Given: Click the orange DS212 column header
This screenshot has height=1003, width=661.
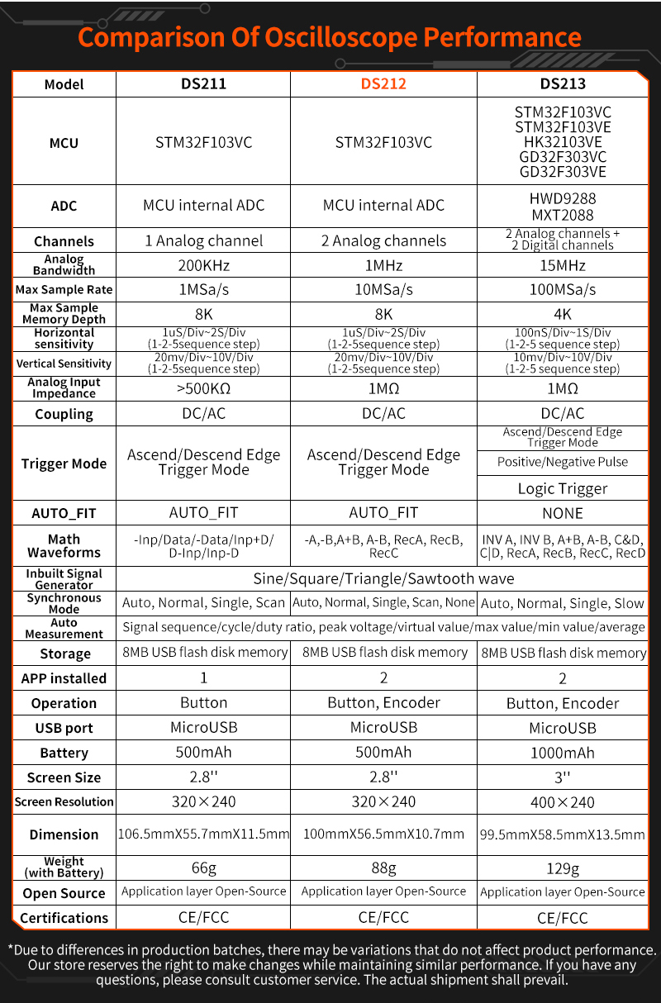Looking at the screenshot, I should pyautogui.click(x=383, y=83).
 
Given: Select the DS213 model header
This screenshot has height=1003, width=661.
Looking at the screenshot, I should pyautogui.click(x=563, y=83).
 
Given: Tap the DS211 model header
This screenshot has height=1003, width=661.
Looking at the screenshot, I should pyautogui.click(x=203, y=83).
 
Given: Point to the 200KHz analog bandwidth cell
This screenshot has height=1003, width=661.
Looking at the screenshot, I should pyautogui.click(x=203, y=265).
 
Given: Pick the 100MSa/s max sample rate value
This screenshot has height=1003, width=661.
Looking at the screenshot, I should pyautogui.click(x=563, y=290).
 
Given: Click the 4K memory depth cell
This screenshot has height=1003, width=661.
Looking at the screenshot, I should pyautogui.click(x=563, y=314).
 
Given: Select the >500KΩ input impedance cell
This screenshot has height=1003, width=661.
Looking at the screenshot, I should pyautogui.click(x=203, y=388).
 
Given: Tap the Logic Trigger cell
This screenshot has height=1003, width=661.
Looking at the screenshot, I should pyautogui.click(x=563, y=488).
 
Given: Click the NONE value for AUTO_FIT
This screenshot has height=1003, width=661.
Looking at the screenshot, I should pyautogui.click(x=563, y=513).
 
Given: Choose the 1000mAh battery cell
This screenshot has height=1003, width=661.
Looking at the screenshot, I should pyautogui.click(x=563, y=753).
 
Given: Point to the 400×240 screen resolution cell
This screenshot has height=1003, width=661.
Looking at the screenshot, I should pyautogui.click(x=563, y=802).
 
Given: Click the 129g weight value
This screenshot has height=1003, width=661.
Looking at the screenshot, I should pyautogui.click(x=563, y=868).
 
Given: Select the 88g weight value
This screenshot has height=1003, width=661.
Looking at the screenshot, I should pyautogui.click(x=383, y=868).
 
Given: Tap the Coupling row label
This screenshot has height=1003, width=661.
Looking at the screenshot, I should pyautogui.click(x=64, y=414).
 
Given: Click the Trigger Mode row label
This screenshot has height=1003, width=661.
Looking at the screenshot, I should pyautogui.click(x=64, y=463).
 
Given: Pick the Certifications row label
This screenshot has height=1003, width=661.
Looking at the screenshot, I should pyautogui.click(x=64, y=918).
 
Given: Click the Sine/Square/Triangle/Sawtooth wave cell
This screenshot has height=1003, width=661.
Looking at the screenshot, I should pyautogui.click(x=383, y=578).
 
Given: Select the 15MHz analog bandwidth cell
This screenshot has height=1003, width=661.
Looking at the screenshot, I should pyautogui.click(x=563, y=265).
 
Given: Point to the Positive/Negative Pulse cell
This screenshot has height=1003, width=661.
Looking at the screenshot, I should pyautogui.click(x=563, y=462).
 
